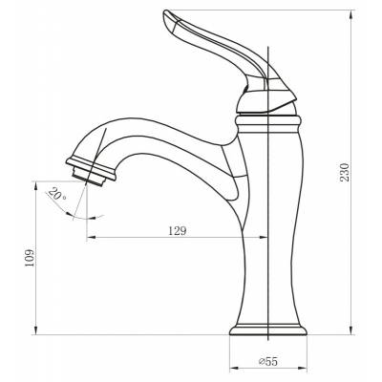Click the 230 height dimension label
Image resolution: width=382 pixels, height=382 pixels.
point(345,172)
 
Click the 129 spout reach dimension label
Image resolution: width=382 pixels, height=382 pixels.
point(178,231)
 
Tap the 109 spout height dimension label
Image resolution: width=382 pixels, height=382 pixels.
point(30,258)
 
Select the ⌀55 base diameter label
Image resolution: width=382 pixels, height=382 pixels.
point(268,361)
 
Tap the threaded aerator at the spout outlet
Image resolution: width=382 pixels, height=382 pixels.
point(89,177)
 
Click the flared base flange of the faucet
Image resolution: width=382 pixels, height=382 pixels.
point(268,329)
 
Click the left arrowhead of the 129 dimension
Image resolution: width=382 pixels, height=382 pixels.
point(92,237)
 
